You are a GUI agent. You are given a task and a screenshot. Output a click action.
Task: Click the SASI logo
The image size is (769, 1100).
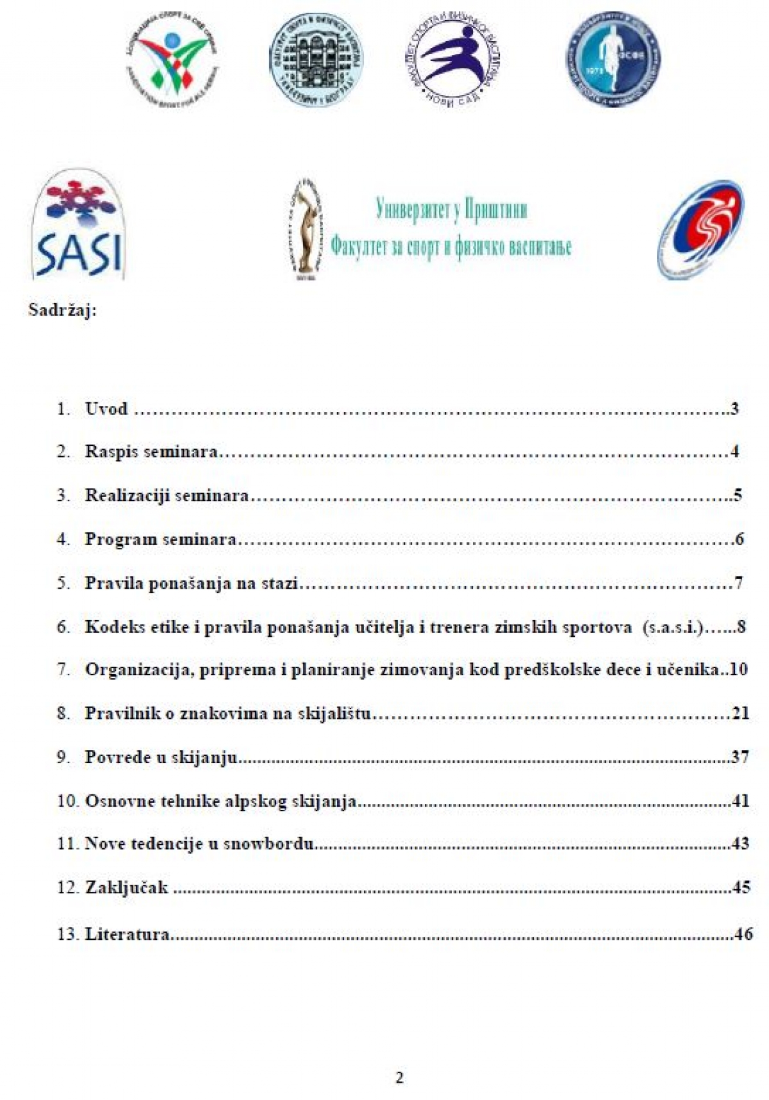pyautogui.click(x=78, y=225)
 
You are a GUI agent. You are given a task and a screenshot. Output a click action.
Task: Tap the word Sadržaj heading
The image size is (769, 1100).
pyautogui.click(x=62, y=311)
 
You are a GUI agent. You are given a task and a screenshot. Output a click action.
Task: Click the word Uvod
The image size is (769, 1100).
pyautogui.click(x=106, y=409)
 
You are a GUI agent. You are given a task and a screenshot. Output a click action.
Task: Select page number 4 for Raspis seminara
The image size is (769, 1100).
pyautogui.click(x=734, y=452)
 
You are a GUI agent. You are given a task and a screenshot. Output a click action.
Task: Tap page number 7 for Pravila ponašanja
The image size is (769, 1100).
pyautogui.click(x=738, y=583)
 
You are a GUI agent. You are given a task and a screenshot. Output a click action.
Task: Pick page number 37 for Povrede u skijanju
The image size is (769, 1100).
pyautogui.click(x=740, y=757)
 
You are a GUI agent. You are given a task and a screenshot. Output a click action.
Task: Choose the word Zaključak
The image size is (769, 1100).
pyautogui.click(x=126, y=888)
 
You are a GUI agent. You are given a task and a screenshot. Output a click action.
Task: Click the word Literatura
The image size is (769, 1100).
pyautogui.click(x=127, y=934)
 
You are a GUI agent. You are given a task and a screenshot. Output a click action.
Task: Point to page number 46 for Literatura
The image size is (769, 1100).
pyautogui.click(x=743, y=934)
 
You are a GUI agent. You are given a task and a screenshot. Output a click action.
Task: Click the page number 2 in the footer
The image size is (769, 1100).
pyautogui.click(x=400, y=1078)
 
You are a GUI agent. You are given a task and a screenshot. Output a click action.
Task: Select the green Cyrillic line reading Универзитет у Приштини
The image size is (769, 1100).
pyautogui.click(x=451, y=209)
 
